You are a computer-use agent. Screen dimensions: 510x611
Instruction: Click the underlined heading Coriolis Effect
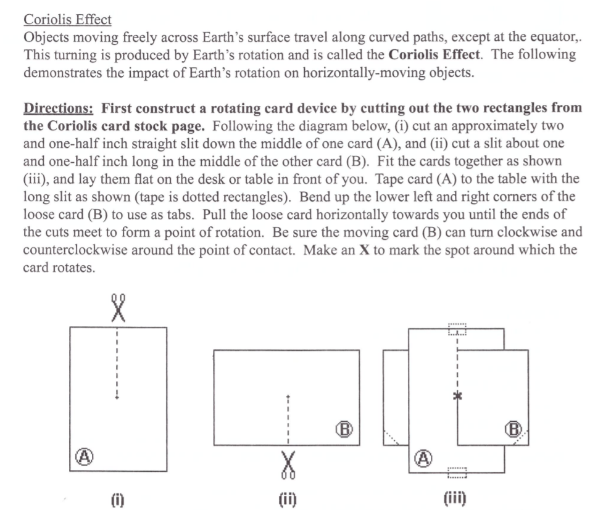pos(67,20)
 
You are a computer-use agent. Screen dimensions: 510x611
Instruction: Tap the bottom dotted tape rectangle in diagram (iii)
pos(458,474)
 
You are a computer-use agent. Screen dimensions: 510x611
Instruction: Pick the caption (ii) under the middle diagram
pos(287,498)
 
